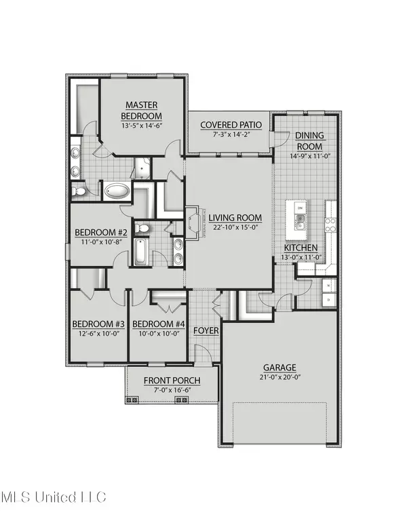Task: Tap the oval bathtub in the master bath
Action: point(119,191)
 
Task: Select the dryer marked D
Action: point(329,299)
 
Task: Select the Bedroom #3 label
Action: point(96,323)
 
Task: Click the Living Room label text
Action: point(235,218)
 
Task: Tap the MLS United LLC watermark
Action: point(54,498)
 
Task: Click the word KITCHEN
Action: point(299,248)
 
